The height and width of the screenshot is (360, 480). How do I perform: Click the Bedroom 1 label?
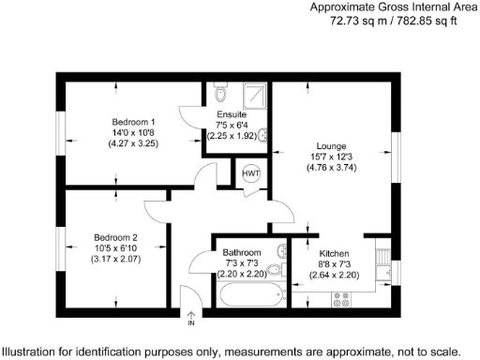pyautogui.click(x=134, y=122)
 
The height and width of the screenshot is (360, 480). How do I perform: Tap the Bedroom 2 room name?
pyautogui.click(x=115, y=237)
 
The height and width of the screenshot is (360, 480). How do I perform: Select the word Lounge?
pyautogui.click(x=332, y=146)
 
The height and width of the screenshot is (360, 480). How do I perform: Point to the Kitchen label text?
pyautogui.click(x=335, y=254)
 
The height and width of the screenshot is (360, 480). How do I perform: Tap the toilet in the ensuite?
pyautogui.click(x=221, y=94)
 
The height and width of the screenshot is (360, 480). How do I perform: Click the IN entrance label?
pyautogui.click(x=190, y=323)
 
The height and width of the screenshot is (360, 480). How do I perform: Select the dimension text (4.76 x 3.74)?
pyautogui.click(x=332, y=168)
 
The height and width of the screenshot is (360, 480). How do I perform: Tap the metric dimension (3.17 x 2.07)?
pyautogui.click(x=115, y=259)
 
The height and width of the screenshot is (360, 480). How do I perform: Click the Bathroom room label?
pyautogui.click(x=243, y=252)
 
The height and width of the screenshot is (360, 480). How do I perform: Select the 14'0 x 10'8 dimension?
pyautogui.click(x=134, y=133)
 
